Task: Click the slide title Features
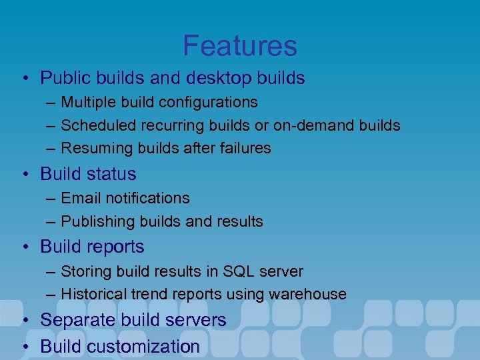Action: [240, 45]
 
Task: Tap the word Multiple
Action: [86, 102]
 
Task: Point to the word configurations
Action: [209, 102]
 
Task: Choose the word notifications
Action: [145, 198]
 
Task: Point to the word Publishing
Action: [92, 221]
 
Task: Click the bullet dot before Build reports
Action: [24, 247]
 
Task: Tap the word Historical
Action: [91, 294]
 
